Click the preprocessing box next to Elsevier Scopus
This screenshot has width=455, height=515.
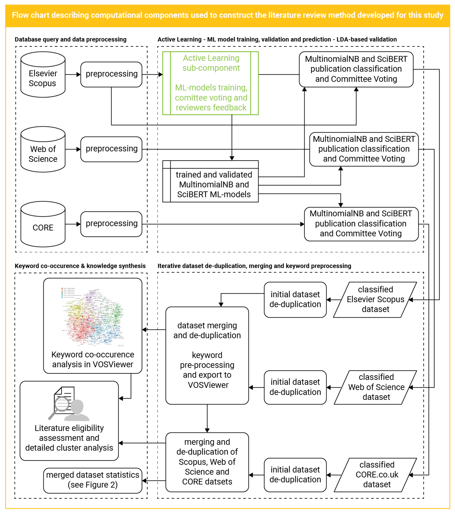point(111,74)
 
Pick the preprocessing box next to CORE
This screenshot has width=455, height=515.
point(111,224)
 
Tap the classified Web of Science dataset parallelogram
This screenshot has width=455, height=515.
point(376,387)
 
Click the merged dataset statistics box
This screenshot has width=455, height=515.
point(93,480)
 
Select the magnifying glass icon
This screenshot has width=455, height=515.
point(60,406)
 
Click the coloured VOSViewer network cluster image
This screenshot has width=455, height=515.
point(93,317)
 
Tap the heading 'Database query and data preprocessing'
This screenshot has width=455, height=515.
point(70,40)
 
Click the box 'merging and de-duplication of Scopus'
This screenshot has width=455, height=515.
point(207,462)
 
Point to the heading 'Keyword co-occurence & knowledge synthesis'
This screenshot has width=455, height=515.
point(80,266)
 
